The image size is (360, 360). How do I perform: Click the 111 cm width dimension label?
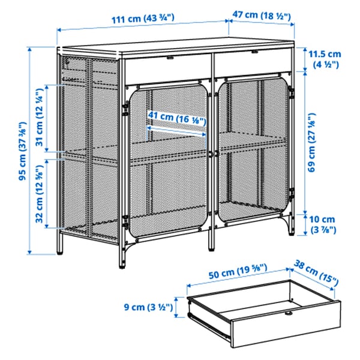click(142, 19)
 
